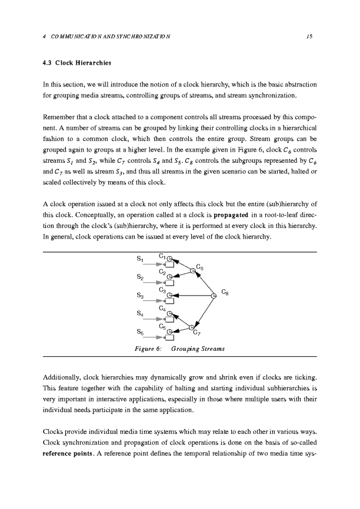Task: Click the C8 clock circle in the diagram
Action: pyautogui.click(x=214, y=296)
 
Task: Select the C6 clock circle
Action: pyautogui.click(x=192, y=271)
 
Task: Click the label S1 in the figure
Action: pyautogui.click(x=140, y=259)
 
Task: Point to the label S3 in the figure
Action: pyautogui.click(x=140, y=296)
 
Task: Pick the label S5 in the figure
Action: pyautogui.click(x=140, y=333)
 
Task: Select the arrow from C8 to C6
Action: pyautogui.click(x=204, y=283)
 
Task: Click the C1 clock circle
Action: pyautogui.click(x=169, y=259)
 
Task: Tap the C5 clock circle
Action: pyautogui.click(x=169, y=332)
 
